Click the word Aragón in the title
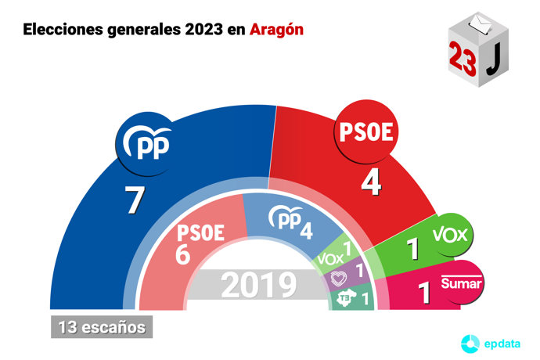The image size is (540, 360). coord(277,31)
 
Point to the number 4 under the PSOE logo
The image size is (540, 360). coord(370,185)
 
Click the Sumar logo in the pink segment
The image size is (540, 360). coord(460,282)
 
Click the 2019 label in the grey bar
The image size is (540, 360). coord(257,286)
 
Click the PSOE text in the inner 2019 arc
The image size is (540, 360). coord(202,232)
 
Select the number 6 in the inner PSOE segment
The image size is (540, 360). coord(184,255)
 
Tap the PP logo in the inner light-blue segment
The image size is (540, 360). coord(283,220)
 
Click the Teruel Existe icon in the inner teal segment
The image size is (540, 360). coord(342,298)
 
